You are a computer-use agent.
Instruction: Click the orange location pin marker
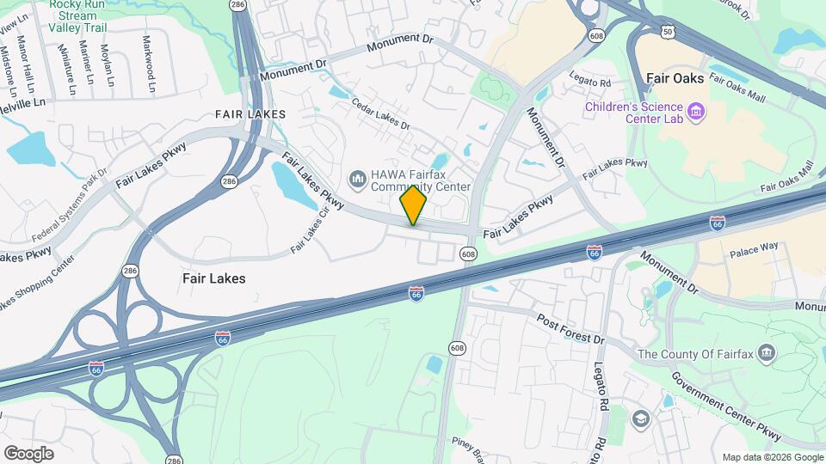coord(413,205)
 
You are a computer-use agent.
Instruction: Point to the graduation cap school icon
coord(640,418)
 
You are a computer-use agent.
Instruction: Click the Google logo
coord(28,453)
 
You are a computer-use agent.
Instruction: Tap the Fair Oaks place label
coord(675,78)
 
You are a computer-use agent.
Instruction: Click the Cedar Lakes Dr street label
coord(380,113)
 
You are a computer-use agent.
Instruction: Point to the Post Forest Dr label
coord(571,328)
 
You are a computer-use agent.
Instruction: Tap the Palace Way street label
coord(754,247)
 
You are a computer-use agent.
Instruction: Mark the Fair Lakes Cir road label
coord(310,232)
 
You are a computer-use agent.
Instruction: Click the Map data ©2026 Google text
coord(773,457)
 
